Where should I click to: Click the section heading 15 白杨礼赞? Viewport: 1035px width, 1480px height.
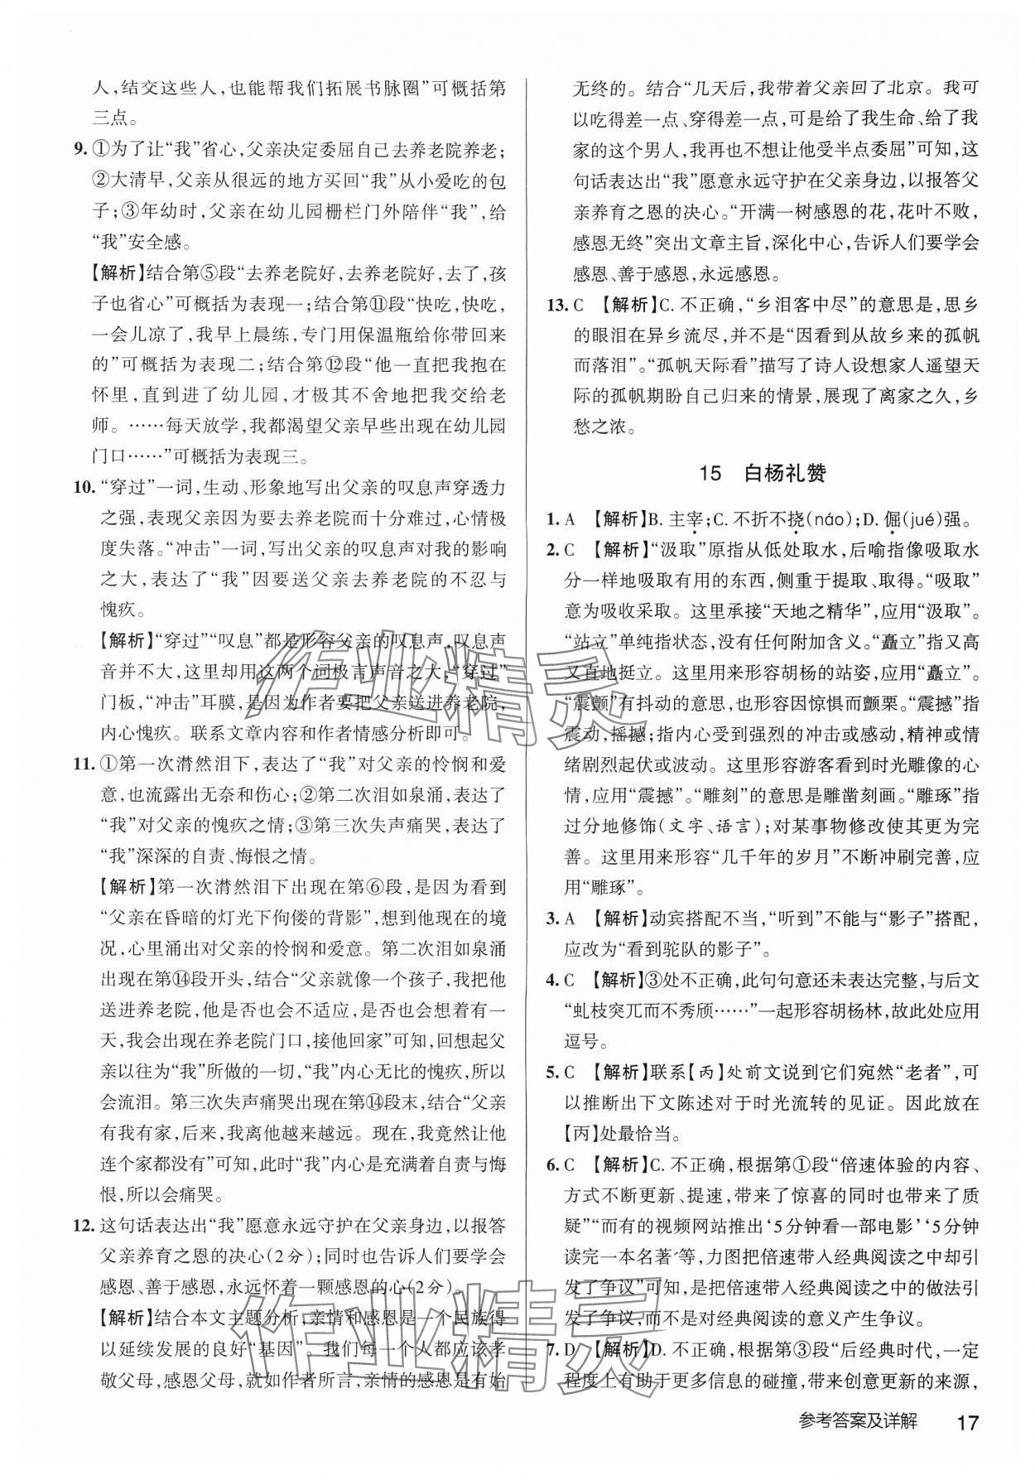762,474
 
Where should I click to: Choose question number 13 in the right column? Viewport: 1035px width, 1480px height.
559,305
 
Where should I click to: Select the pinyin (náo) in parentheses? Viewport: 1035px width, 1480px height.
826,520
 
